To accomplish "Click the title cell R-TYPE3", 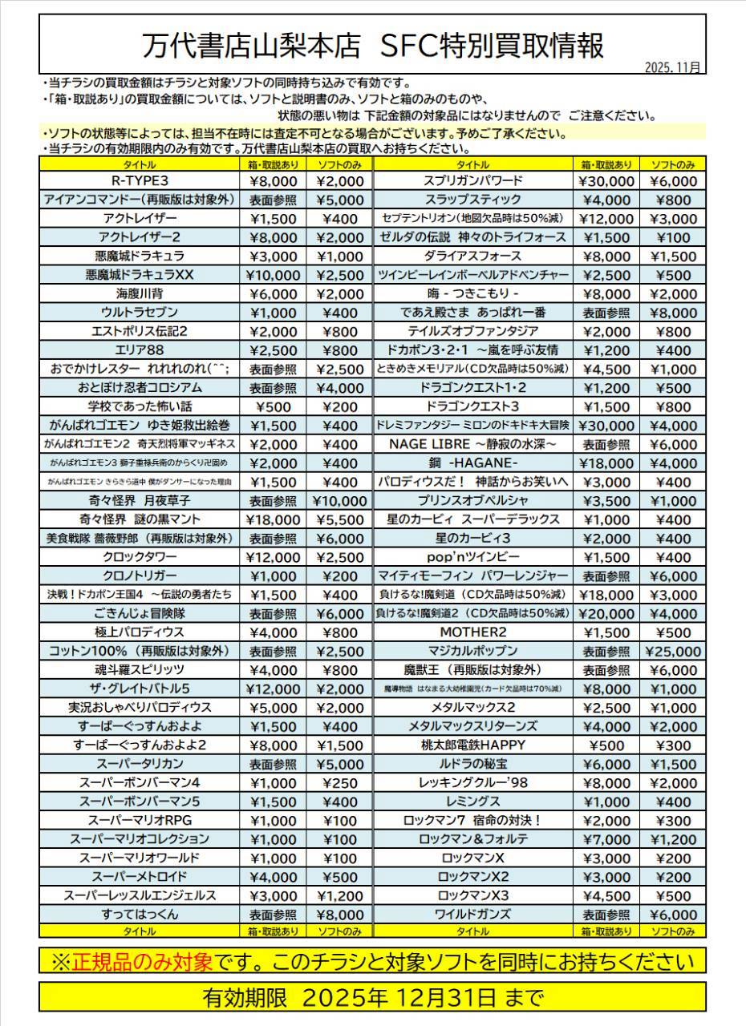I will (x=140, y=180).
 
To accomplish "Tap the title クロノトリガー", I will (x=140, y=576).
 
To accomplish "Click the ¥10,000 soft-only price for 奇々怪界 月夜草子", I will (x=339, y=500).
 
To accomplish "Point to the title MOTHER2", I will (x=473, y=632).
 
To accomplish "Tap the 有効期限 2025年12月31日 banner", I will (x=372, y=998).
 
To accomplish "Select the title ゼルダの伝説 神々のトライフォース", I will (x=473, y=237).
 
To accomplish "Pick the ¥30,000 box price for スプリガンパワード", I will (x=606, y=180).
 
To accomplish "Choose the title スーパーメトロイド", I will (x=140, y=876).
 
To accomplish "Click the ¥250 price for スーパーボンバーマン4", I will (x=339, y=782).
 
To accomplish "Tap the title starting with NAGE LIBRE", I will (x=473, y=444).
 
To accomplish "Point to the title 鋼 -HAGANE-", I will (x=473, y=463).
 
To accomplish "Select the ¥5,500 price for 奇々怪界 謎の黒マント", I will (x=339, y=519).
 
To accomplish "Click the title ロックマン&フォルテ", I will (x=473, y=838).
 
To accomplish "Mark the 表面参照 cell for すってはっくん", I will (x=273, y=914).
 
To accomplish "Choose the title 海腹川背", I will (x=140, y=293).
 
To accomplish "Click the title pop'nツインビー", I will (x=473, y=557).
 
